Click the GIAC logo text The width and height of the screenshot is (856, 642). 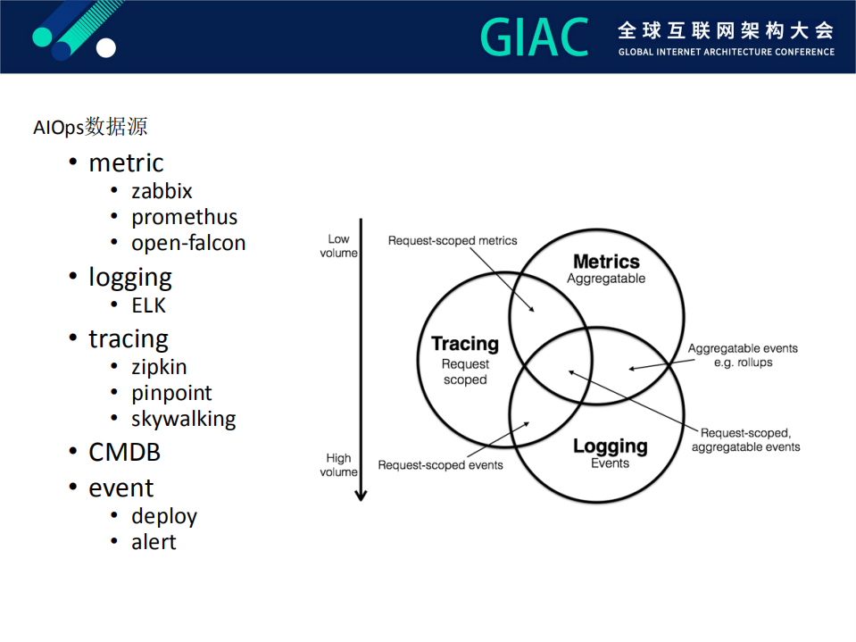[535, 38]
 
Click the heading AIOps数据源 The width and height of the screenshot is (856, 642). [90, 127]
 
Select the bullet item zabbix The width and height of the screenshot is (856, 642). [162, 191]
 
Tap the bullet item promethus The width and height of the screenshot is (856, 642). [184, 217]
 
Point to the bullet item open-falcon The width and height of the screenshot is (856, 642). [188, 243]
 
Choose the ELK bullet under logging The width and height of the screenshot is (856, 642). [148, 305]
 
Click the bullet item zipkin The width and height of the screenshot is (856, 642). [159, 367]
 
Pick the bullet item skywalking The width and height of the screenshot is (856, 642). [183, 419]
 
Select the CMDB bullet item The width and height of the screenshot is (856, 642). [124, 453]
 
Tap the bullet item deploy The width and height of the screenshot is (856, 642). [164, 516]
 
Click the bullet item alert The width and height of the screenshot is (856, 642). [154, 542]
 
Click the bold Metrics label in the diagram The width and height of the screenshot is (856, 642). [606, 262]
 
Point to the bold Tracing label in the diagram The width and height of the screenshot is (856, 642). [464, 344]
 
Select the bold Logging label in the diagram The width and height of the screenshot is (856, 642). [610, 446]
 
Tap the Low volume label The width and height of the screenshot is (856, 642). [339, 246]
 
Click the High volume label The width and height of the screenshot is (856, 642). [338, 465]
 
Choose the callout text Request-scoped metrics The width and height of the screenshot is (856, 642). [452, 241]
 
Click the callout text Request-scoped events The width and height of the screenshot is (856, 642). [440, 464]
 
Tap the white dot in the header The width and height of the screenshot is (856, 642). [106, 48]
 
